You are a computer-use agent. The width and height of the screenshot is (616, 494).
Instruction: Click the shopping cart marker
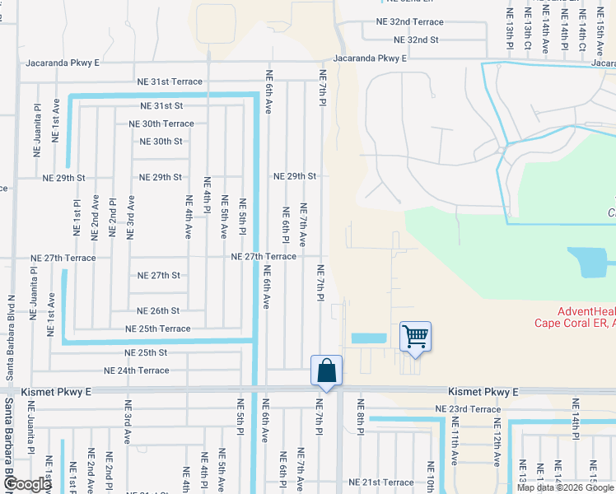416,336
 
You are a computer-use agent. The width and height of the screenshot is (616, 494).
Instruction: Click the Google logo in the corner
27,484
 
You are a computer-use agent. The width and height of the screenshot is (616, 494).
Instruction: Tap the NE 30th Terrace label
161,123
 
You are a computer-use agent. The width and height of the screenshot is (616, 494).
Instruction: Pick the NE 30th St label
156,142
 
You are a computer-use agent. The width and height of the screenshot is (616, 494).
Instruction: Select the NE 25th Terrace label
157,329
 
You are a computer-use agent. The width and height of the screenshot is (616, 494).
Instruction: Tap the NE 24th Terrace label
136,370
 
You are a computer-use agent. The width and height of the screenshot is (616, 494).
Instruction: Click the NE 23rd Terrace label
468,409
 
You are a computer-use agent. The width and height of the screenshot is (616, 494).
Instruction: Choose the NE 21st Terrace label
380,482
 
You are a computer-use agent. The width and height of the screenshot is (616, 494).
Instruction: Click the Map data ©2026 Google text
564,488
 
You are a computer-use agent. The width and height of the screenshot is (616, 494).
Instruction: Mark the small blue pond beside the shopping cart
368,338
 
